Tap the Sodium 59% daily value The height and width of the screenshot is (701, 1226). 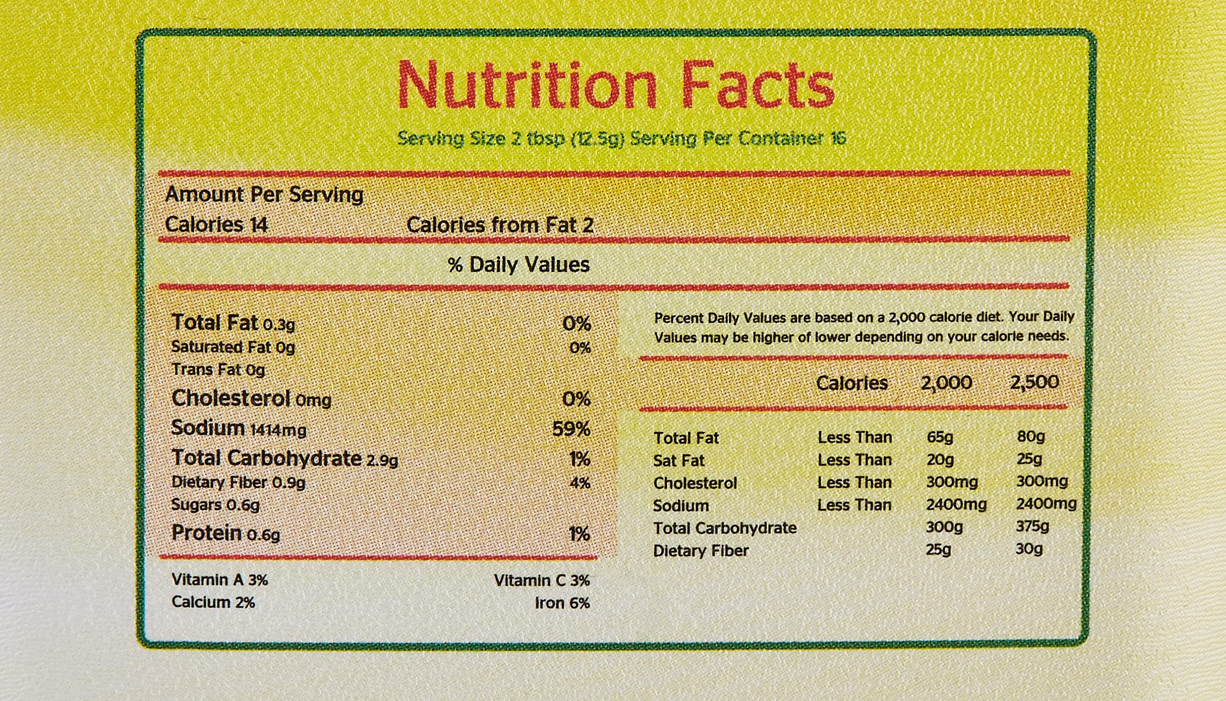coord(571,429)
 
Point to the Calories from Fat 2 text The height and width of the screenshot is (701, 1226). coord(500,225)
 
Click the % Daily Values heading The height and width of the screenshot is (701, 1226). coord(518,265)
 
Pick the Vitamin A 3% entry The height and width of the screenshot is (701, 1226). coord(219,580)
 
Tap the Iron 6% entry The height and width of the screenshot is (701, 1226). coord(562,603)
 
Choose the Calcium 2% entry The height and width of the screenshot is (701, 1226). coord(213,602)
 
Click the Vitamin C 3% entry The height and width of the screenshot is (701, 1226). coord(542,581)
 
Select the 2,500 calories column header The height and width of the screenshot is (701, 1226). coord(1035,382)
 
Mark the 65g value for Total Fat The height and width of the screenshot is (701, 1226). coord(940,437)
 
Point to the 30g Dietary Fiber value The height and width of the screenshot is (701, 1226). coord(1029,549)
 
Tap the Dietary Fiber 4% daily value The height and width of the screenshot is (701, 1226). coord(580,483)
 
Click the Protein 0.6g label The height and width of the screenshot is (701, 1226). coord(226,534)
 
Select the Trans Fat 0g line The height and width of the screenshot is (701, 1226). coord(218,370)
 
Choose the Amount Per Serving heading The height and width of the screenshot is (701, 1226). coord(264,194)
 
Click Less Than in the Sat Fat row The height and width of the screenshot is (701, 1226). coord(855,460)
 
